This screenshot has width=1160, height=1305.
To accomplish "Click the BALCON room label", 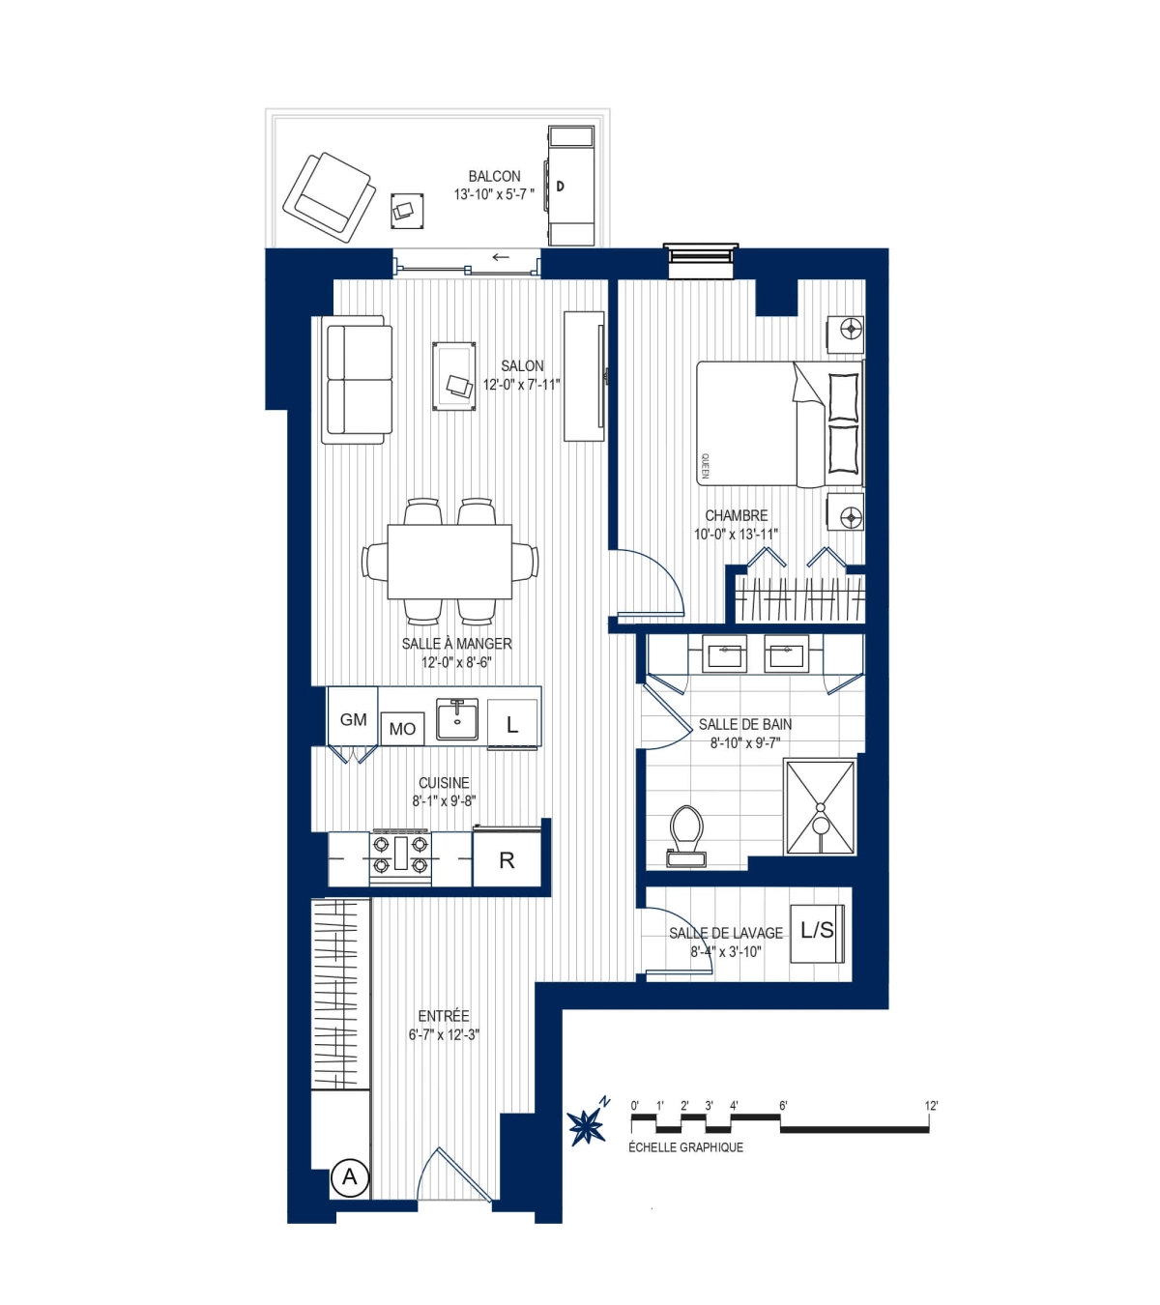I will tap(494, 177).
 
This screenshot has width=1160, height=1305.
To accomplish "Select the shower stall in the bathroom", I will tap(820, 807).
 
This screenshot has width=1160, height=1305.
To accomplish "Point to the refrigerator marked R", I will tap(507, 859).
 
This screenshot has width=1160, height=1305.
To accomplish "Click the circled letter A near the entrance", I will tap(350, 1177).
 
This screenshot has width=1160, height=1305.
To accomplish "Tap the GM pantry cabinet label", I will tap(353, 719).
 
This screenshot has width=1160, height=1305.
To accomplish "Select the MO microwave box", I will tap(402, 729).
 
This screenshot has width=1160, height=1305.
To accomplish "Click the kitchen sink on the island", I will tap(457, 719).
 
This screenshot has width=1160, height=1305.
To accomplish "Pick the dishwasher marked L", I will tap(512, 723).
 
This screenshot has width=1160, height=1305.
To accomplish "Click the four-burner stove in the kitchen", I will tap(401, 855).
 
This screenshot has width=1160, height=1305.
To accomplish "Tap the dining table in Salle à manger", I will tap(449, 562).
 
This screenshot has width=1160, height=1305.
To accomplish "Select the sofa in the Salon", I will tap(359, 380).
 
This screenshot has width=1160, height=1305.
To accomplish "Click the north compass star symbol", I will tap(587, 1125).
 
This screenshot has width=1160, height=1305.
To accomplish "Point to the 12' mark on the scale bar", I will tap(931, 1106).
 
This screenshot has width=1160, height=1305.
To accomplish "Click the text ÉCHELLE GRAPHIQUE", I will tap(685, 1147).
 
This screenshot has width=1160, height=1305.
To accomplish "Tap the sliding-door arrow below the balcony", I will tap(501, 257).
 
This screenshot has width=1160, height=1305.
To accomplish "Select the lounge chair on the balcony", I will tap(330, 197).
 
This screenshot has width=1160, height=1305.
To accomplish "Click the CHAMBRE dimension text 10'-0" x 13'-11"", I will tap(736, 535).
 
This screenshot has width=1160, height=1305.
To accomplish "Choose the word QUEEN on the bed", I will tap(705, 466).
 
